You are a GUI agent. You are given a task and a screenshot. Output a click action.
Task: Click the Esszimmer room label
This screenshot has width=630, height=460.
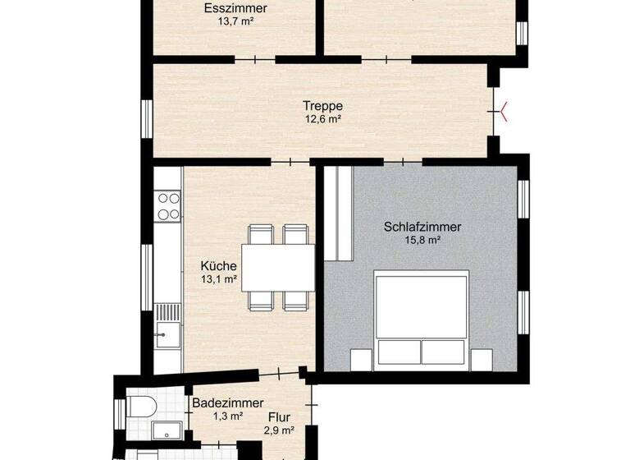click(x=235, y=10)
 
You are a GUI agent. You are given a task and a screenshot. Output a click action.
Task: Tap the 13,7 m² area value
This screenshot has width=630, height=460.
click(x=235, y=23)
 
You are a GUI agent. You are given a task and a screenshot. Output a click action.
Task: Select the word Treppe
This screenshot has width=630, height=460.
click(x=322, y=106)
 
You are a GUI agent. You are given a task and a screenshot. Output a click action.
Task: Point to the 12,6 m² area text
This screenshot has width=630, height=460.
click(x=322, y=119)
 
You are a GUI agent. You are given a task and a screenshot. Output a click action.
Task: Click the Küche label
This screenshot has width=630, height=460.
click(x=219, y=266)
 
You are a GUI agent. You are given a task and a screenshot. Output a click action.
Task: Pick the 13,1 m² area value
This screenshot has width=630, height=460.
click(x=219, y=279)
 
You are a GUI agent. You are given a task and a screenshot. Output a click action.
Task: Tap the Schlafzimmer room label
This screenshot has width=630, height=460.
click(x=422, y=227)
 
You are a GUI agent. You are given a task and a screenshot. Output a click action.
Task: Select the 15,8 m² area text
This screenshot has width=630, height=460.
click(x=422, y=240)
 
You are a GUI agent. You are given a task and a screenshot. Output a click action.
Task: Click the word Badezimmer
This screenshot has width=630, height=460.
click(x=228, y=403)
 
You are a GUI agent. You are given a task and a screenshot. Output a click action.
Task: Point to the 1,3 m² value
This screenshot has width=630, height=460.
click(x=228, y=416)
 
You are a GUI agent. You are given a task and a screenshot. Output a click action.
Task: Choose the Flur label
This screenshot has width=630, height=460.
click(x=279, y=417)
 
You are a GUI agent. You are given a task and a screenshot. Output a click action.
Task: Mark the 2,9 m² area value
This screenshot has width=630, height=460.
click(x=279, y=430)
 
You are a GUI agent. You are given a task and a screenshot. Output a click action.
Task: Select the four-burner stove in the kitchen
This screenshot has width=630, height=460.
click(x=169, y=205)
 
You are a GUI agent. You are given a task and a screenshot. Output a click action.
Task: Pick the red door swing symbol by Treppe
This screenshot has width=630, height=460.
click(x=501, y=110)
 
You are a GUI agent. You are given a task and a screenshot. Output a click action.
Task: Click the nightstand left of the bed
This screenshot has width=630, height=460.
click(x=361, y=359)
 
